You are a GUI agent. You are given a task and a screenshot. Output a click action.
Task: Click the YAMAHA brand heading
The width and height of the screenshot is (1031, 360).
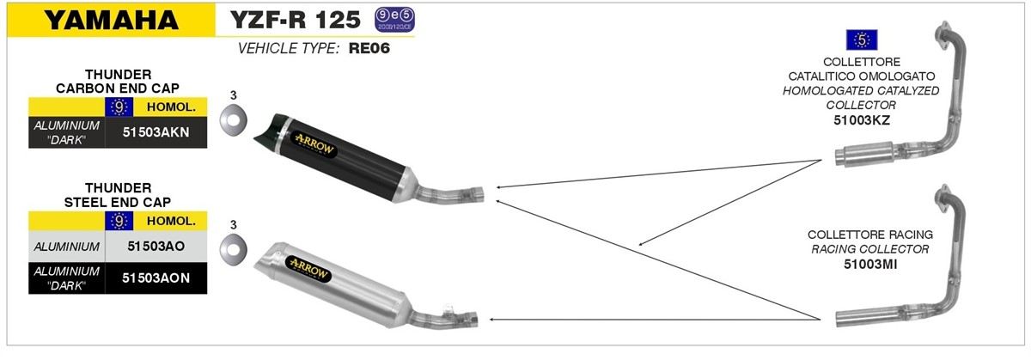[112, 21]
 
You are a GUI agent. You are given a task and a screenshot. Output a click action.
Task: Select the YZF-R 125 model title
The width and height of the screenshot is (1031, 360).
[295, 20]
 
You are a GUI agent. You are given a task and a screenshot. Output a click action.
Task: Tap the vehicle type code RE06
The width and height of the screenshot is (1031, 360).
[369, 48]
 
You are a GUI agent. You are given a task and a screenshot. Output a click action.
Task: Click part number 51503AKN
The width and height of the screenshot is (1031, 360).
[156, 132]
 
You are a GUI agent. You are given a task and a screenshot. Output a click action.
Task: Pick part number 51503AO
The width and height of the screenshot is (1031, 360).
[156, 247]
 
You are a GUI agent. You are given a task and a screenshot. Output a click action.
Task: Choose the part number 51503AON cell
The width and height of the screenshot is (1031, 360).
[156, 278]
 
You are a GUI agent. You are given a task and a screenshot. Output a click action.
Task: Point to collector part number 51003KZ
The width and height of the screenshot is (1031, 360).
[862, 120]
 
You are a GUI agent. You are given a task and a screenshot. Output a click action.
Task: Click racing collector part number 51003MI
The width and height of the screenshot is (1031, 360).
[870, 265]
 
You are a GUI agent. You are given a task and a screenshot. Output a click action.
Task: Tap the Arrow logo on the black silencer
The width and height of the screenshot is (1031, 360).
[314, 144]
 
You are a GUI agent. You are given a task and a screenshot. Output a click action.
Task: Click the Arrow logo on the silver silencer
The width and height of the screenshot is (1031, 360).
[308, 269]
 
